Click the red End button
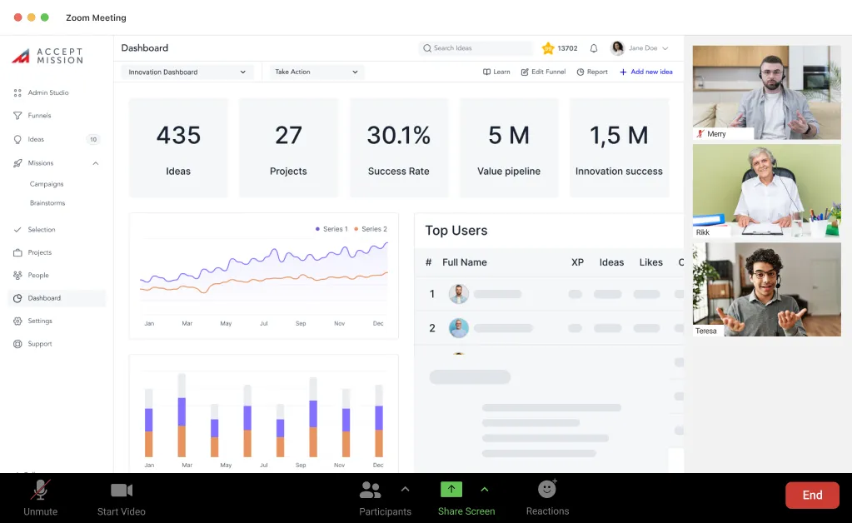pos(812,495)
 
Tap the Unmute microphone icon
pos(40,490)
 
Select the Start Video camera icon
pos(122,490)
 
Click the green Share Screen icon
pos(451,490)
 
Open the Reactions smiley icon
pos(547,489)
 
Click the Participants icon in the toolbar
pos(370,490)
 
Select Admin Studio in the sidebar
pos(48,92)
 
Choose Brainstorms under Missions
pos(47,203)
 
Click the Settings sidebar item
pos(40,321)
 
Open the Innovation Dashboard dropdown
pos(187,72)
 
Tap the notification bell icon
pos(594,48)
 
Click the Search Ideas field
pos(477,48)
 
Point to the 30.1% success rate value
pos(399,135)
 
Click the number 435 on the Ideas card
pos(178,135)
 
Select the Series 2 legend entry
pos(371,229)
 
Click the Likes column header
pos(651,262)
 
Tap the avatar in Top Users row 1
pos(459,294)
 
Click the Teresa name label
pos(706,331)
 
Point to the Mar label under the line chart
pos(187,323)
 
